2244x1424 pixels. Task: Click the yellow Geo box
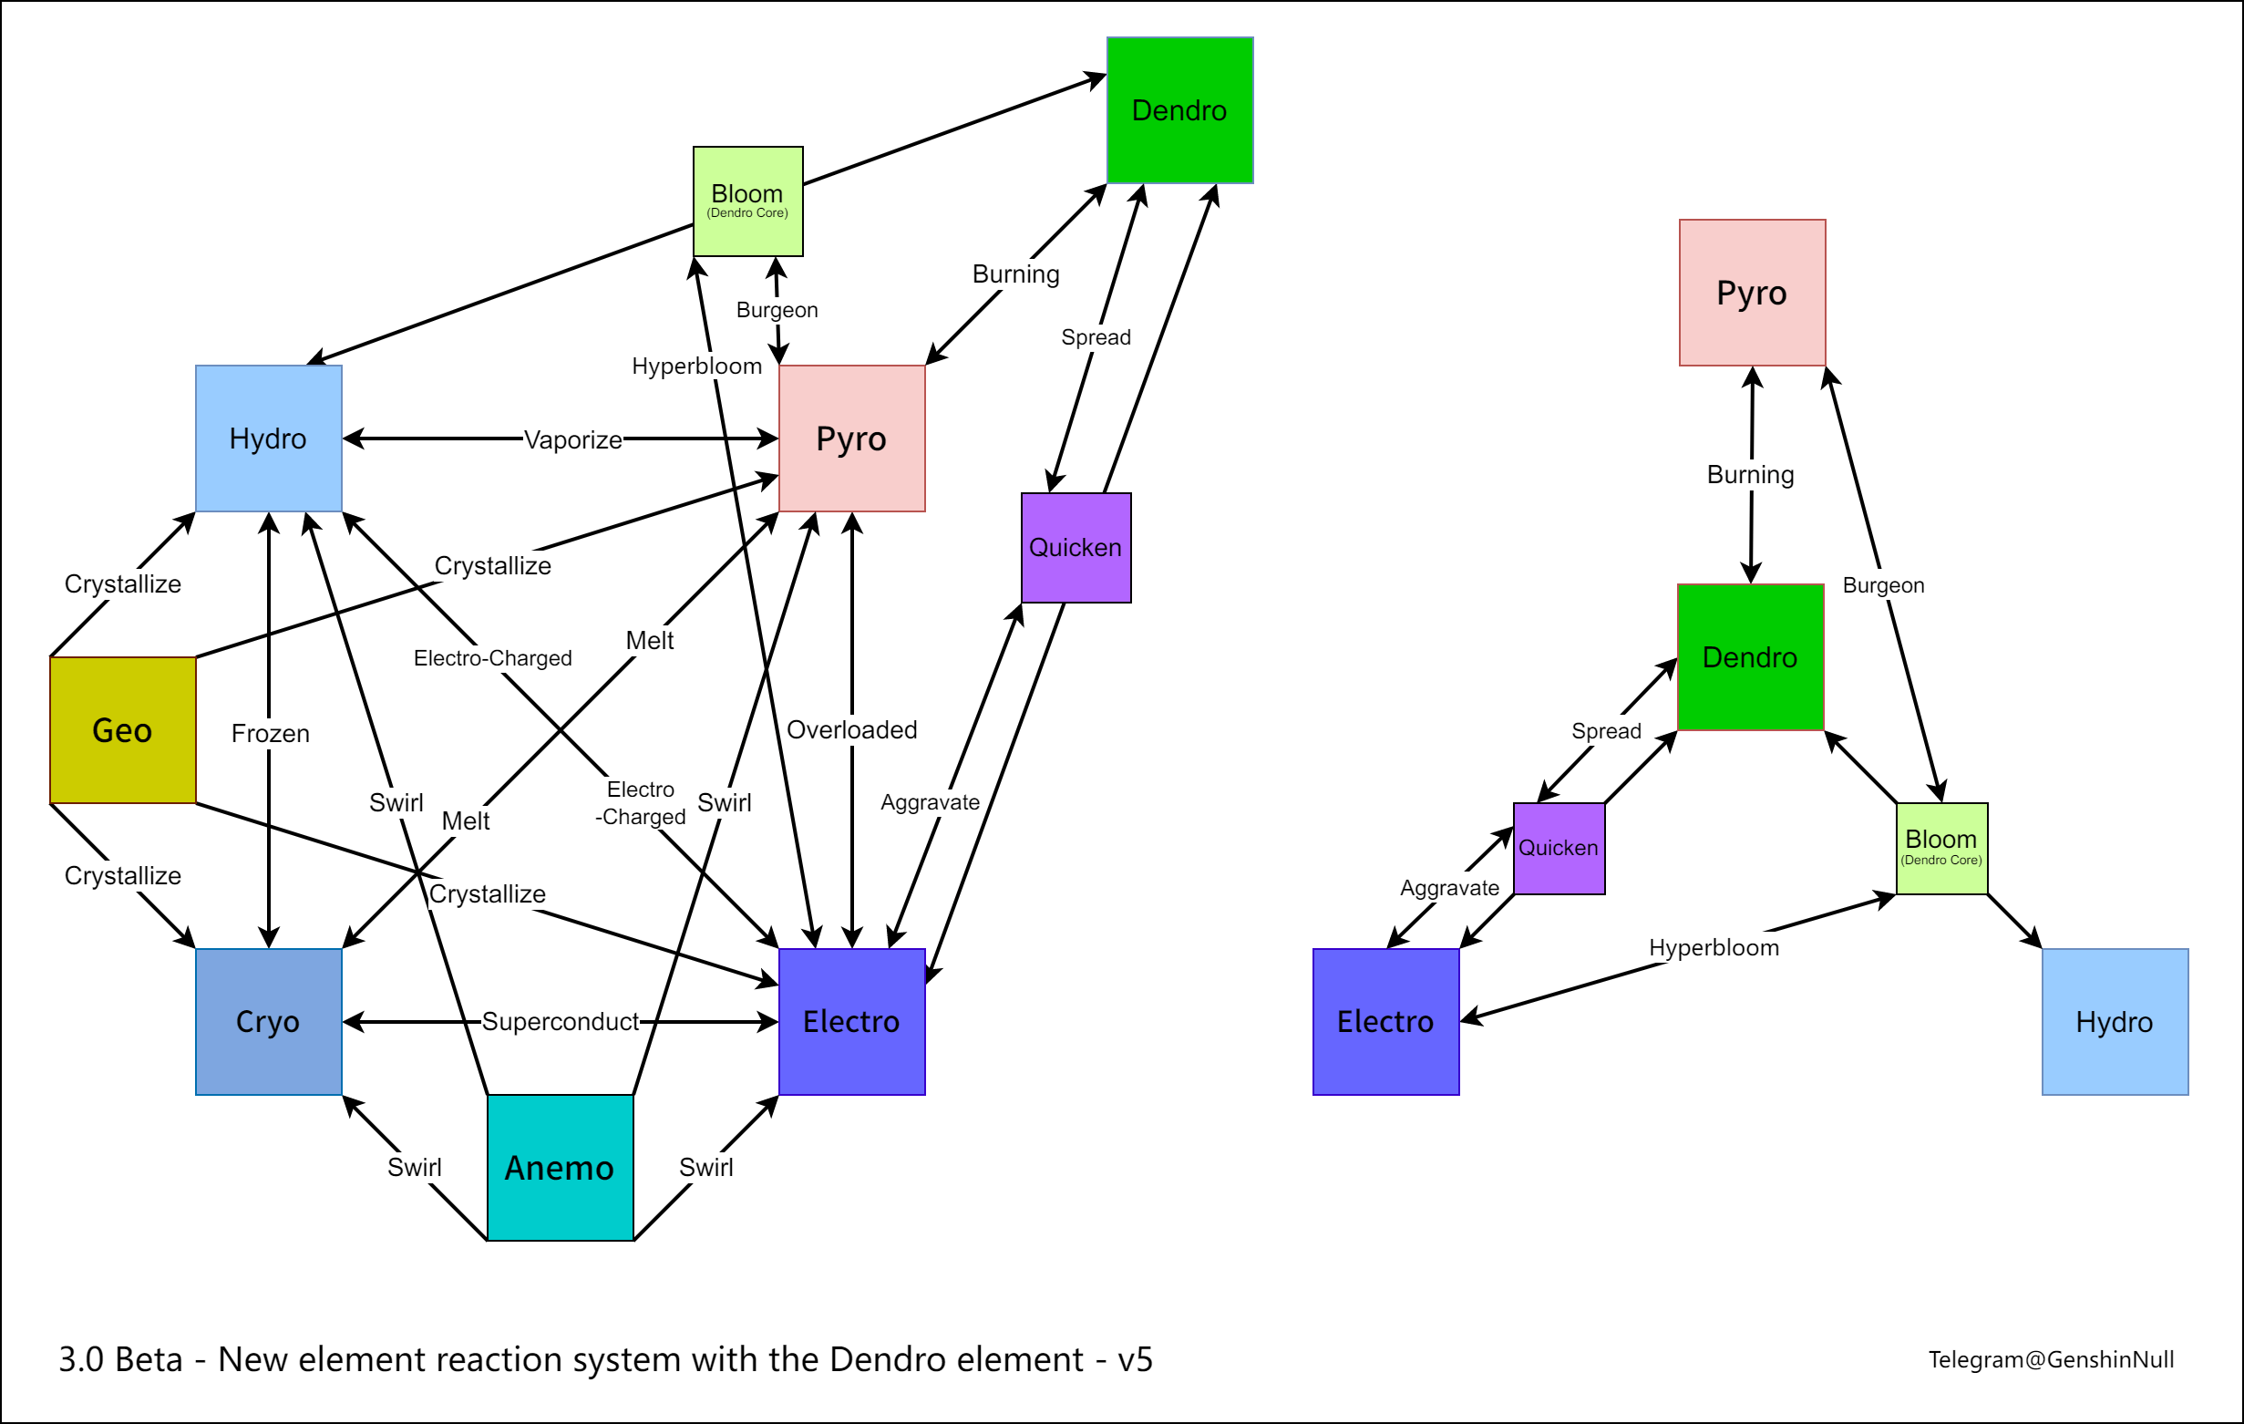click(x=122, y=729)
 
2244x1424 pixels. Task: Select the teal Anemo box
click(x=560, y=1167)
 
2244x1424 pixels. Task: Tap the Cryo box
click(x=268, y=1021)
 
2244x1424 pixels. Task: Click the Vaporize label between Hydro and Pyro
click(x=572, y=439)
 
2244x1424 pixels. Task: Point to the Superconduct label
click(x=560, y=1021)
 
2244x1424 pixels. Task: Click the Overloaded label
click(x=851, y=729)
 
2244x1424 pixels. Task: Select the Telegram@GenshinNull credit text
click(x=2050, y=1359)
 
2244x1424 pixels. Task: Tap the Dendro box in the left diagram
click(x=1179, y=110)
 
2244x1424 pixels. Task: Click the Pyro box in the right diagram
click(x=1751, y=293)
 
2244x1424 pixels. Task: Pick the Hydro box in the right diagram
click(x=2114, y=1021)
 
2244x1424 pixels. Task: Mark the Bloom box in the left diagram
click(x=747, y=201)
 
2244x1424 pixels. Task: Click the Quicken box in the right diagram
click(x=1558, y=848)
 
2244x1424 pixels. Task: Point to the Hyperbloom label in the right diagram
click(x=1713, y=948)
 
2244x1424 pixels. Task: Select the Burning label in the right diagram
click(x=1750, y=474)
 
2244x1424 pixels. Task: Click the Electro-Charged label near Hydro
click(x=492, y=658)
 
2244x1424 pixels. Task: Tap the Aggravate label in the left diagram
click(x=930, y=802)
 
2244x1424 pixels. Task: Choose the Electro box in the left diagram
click(x=851, y=1021)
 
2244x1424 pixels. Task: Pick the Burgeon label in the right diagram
click(x=1882, y=585)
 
